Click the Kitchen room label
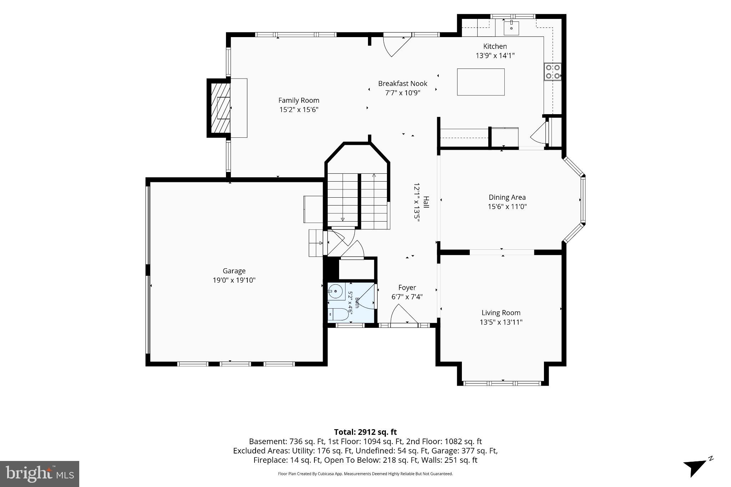click(x=495, y=46)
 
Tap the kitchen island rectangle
click(x=481, y=82)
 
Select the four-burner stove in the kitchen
click(x=553, y=71)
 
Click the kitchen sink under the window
click(x=511, y=27)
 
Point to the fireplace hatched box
click(x=221, y=108)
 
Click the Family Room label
click(x=299, y=101)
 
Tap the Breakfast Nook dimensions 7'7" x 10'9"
click(x=403, y=93)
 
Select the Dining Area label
click(x=507, y=197)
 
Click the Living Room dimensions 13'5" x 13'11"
click(x=501, y=323)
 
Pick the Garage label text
click(x=234, y=271)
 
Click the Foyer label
click(x=407, y=288)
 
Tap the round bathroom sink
click(x=335, y=291)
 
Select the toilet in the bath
click(x=338, y=314)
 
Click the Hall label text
click(x=426, y=202)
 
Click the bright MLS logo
click(x=40, y=474)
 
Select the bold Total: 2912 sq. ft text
click(x=365, y=432)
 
